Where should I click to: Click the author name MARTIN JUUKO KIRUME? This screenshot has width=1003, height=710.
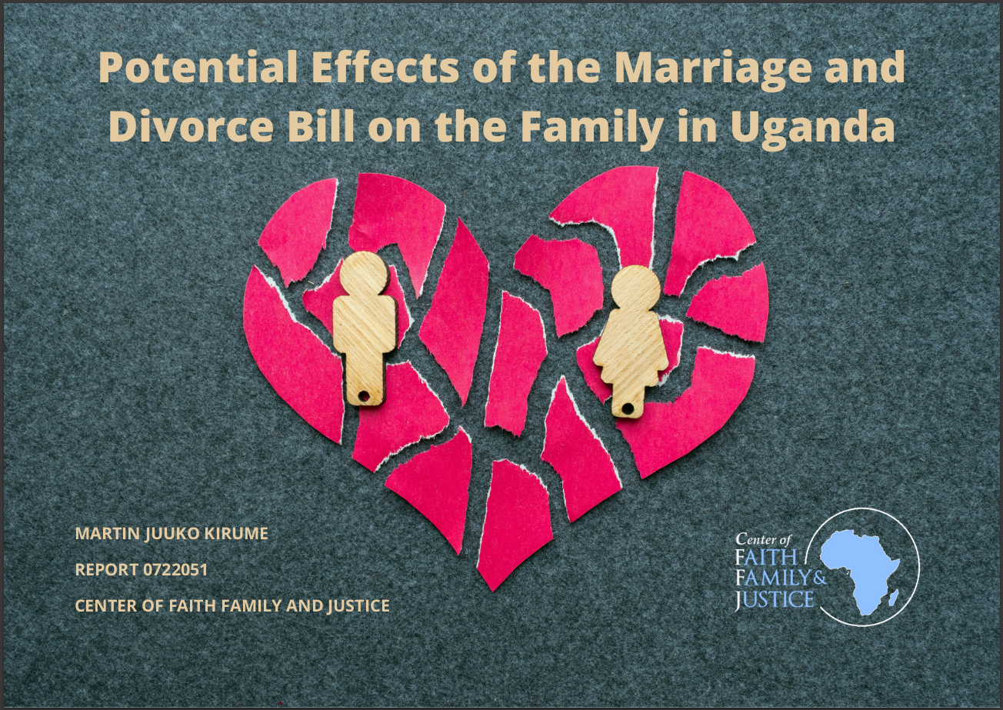[172, 534]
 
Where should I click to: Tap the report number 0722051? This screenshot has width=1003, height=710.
[175, 570]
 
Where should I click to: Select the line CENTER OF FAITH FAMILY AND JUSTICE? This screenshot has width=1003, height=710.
[232, 605]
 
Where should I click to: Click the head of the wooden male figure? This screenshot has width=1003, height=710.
[364, 274]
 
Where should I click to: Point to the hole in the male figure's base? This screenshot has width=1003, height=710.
[365, 397]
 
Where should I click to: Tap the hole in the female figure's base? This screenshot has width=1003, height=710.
[629, 408]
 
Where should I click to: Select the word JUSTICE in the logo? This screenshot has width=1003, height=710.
[775, 599]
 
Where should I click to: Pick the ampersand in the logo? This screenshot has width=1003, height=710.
[820, 578]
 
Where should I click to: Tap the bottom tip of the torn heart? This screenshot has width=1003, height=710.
[493, 591]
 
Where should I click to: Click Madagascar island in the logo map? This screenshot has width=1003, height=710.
[893, 597]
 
